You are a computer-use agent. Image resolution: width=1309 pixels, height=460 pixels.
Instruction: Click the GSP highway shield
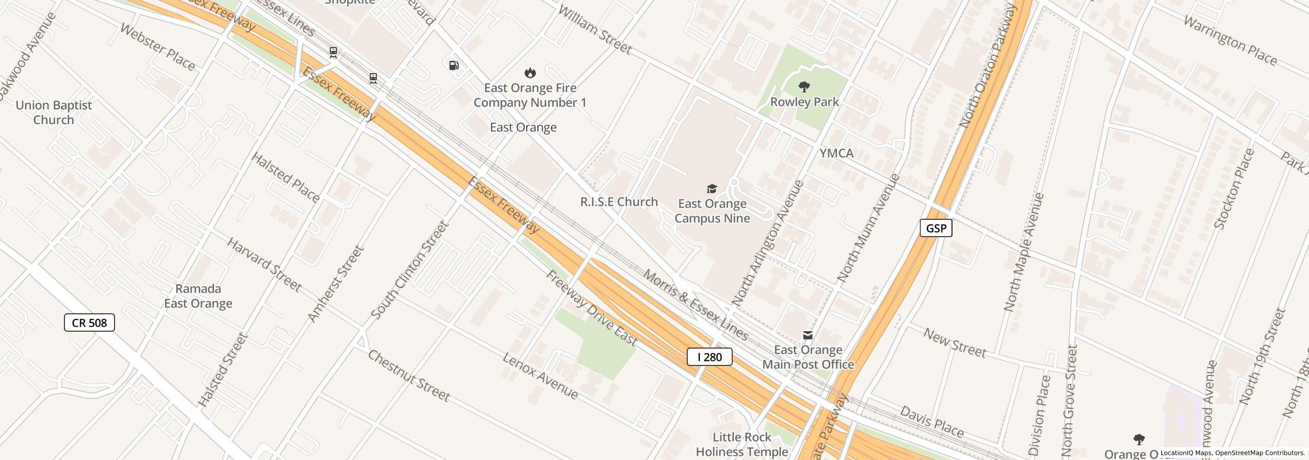click(936, 228)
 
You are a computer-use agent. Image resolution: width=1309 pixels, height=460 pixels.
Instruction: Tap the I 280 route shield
click(709, 357)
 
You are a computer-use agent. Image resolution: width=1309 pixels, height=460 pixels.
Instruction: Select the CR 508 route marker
click(89, 323)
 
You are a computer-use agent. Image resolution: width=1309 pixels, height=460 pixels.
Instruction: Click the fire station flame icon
click(530, 73)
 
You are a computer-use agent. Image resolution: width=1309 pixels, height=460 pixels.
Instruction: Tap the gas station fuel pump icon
click(454, 65)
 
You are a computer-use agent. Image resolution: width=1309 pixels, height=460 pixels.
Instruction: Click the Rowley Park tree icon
click(804, 87)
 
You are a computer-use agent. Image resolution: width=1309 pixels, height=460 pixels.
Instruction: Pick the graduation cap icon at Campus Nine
click(711, 189)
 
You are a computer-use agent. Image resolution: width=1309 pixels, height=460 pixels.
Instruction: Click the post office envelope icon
click(808, 335)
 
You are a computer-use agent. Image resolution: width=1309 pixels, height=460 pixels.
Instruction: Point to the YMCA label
click(837, 153)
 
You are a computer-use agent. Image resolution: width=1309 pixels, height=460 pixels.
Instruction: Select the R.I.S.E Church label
click(619, 202)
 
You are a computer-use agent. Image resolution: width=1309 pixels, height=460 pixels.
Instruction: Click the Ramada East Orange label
click(198, 296)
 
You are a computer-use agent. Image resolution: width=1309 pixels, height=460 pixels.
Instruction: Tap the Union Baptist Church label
click(54, 112)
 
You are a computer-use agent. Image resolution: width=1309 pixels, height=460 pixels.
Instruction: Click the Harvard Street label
click(264, 265)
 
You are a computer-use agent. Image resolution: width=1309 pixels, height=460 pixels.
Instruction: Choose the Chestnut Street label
click(409, 376)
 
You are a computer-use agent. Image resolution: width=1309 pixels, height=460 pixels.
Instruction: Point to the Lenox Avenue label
click(540, 376)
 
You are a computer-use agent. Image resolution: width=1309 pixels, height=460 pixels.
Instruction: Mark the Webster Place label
click(157, 47)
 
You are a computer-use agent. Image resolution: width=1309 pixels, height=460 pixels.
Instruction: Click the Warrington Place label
click(1230, 41)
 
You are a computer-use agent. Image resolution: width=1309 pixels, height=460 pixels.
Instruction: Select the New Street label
click(955, 343)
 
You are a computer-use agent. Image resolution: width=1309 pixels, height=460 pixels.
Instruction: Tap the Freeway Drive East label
click(592, 308)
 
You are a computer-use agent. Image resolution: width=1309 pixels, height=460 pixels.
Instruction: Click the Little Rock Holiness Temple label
click(742, 444)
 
